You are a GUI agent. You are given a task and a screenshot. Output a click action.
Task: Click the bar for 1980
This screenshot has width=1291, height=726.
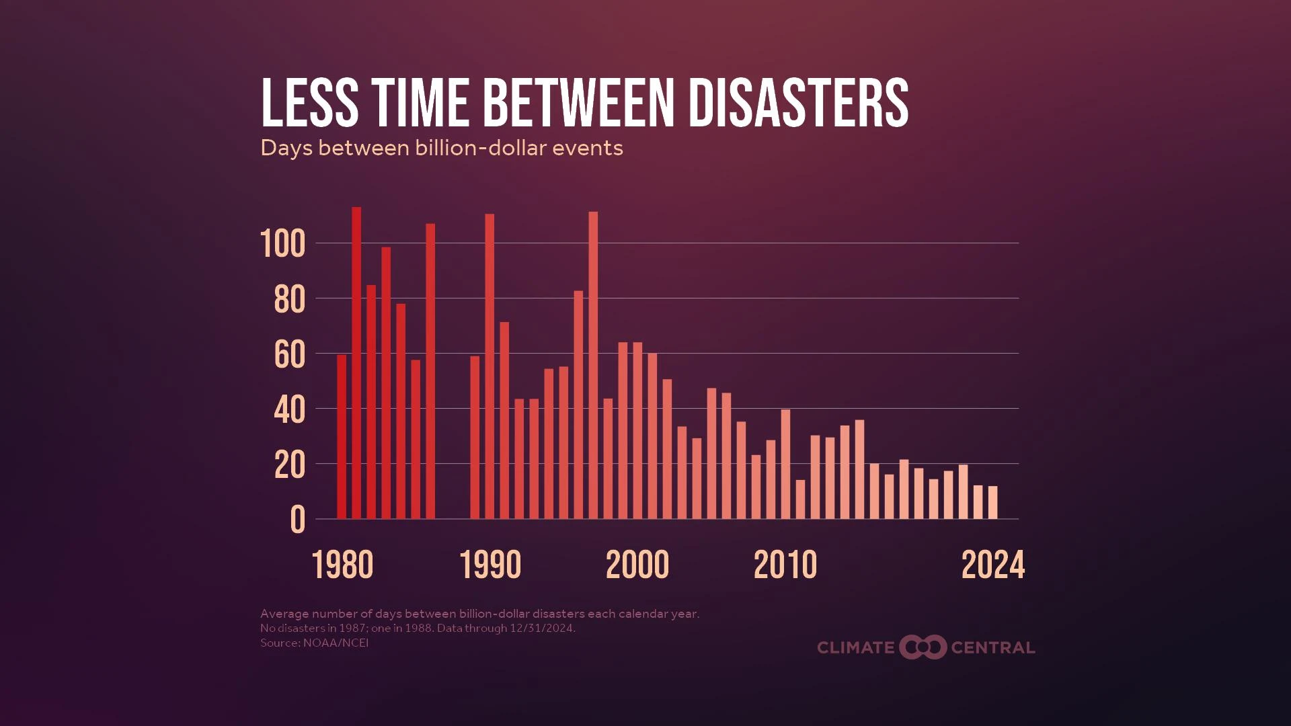click(342, 437)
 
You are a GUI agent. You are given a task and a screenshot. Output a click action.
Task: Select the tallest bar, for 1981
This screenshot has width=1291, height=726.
click(356, 363)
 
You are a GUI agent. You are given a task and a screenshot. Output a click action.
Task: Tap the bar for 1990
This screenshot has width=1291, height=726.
click(490, 366)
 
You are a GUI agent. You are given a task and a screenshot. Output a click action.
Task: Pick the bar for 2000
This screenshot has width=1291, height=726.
click(637, 430)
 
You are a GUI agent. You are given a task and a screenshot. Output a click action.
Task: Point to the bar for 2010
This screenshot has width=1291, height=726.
click(785, 464)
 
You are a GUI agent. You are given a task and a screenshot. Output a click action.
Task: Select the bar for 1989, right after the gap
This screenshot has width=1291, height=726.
click(475, 437)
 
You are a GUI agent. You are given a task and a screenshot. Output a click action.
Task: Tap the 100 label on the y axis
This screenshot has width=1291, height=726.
click(282, 243)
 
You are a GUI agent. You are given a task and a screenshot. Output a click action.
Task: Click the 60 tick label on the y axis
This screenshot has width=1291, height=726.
click(289, 354)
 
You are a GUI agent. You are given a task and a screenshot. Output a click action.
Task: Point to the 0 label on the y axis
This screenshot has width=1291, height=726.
click(297, 520)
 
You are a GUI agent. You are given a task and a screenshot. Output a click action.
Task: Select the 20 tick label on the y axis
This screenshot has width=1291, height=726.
click(289, 465)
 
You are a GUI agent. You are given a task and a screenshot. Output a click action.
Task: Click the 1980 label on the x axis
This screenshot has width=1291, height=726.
click(342, 565)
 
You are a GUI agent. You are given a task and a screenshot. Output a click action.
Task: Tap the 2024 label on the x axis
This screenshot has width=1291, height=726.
click(993, 565)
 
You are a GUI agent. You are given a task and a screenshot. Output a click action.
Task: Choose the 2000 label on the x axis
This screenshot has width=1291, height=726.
click(637, 565)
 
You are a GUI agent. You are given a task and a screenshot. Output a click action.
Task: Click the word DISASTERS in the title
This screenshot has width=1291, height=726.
click(797, 103)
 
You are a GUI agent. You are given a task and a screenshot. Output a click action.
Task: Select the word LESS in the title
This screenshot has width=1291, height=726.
click(309, 103)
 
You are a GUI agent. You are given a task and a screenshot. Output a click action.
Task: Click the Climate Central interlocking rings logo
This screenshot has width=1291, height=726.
click(923, 647)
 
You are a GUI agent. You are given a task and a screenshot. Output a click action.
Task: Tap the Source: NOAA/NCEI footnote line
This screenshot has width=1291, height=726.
click(315, 643)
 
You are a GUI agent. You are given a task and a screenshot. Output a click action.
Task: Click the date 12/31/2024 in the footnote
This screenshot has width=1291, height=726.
click(542, 629)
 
